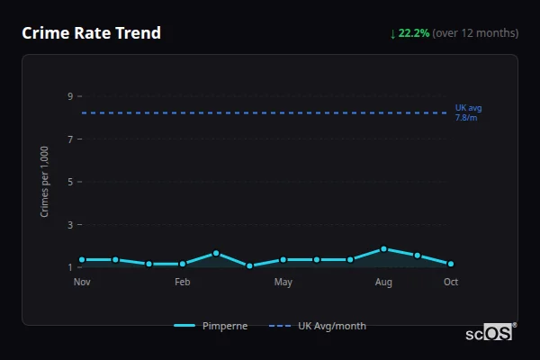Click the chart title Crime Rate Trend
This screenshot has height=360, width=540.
coord(92,33)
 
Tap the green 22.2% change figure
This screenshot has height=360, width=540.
coord(414,33)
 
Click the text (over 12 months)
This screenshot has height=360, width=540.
coord(475,33)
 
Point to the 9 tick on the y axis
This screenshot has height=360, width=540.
coord(68,96)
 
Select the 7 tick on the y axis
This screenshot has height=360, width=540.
coord(68,139)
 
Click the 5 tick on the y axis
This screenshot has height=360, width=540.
coord(68,182)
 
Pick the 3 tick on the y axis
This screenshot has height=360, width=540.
coord(68,225)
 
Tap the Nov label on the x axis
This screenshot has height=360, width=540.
coord(82,283)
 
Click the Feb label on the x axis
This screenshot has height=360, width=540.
coord(183,283)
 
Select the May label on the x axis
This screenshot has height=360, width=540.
coord(283,283)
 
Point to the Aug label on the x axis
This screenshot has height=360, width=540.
coord(383,283)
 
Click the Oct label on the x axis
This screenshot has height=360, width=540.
coord(451,283)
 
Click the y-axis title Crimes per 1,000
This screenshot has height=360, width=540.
coord(45,182)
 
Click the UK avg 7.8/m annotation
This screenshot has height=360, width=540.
coord(468,112)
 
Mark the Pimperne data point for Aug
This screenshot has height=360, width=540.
coord(383,249)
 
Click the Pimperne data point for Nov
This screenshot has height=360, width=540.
coord(82,259)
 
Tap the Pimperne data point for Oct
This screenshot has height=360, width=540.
coord(451,264)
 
